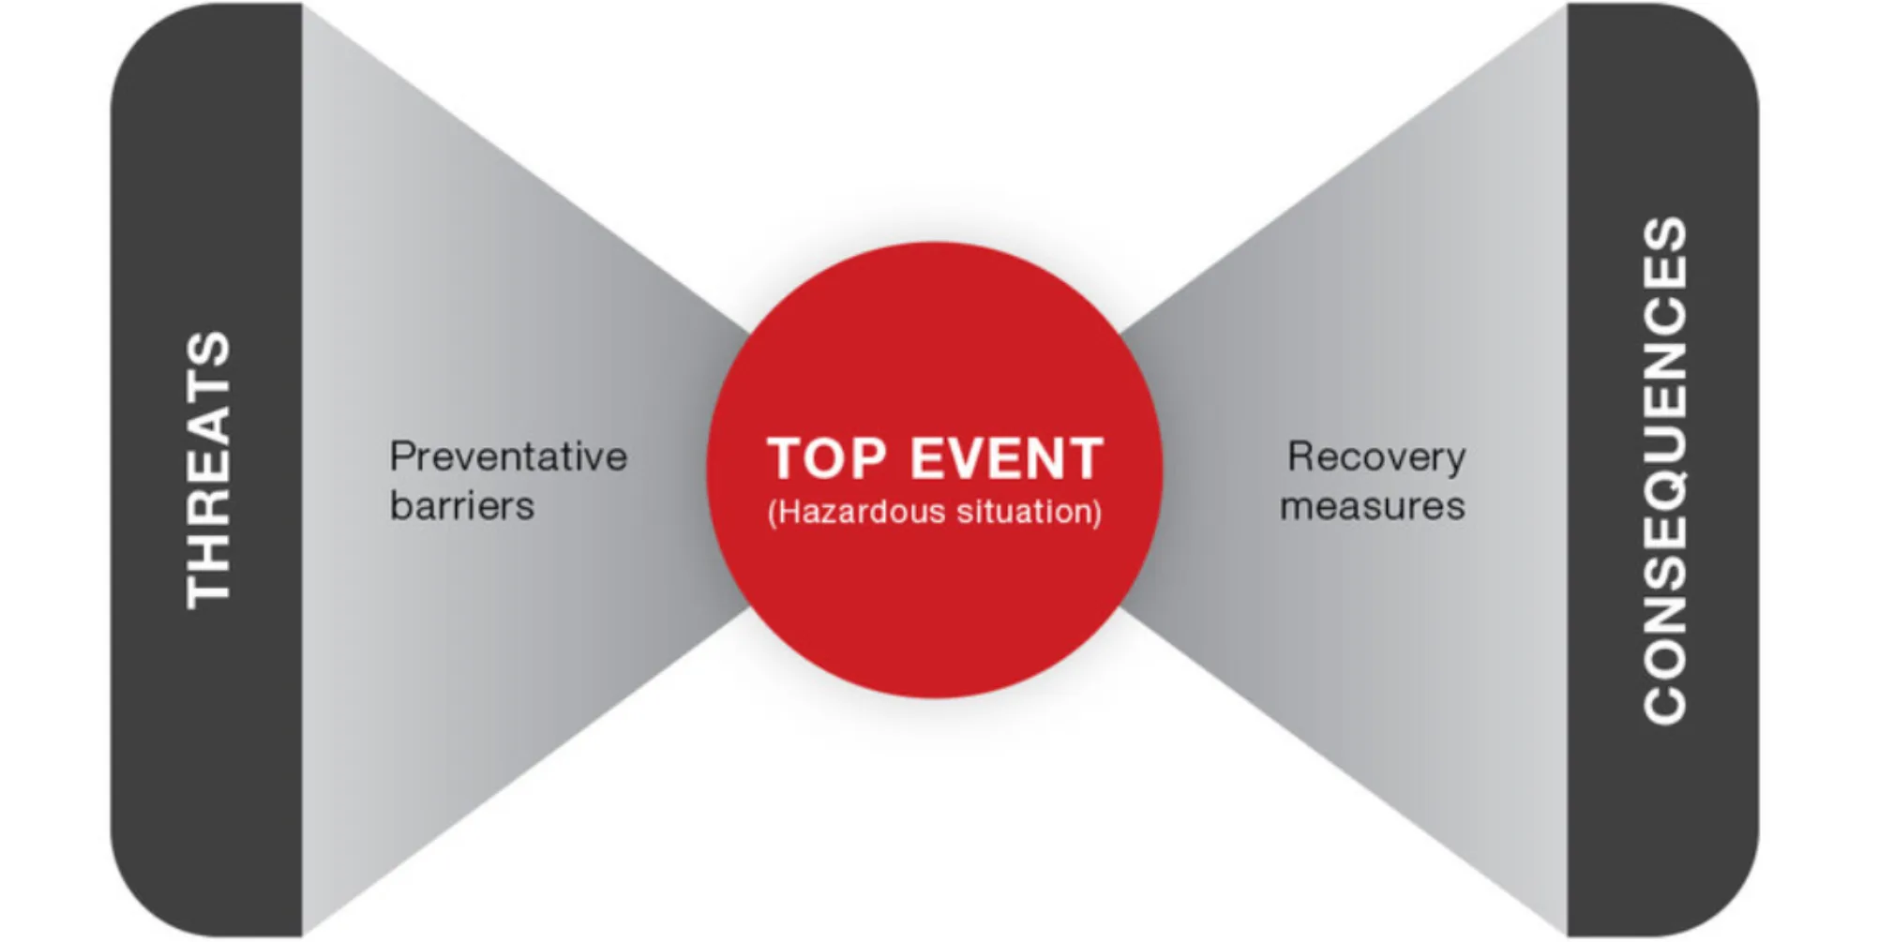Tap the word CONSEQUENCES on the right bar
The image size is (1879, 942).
pos(1665,471)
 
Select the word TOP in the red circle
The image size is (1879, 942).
pos(826,459)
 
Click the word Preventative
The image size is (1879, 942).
pos(508,457)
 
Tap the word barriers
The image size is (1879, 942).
pos(462,506)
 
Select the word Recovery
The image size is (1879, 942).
pos(1376,457)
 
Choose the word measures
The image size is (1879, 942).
pos(1373,506)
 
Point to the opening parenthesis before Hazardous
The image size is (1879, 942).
pos(773,513)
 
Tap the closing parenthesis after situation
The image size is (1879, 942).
pos(1097,513)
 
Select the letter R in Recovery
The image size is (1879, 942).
pos(1301,457)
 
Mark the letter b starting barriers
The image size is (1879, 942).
pos(400,506)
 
